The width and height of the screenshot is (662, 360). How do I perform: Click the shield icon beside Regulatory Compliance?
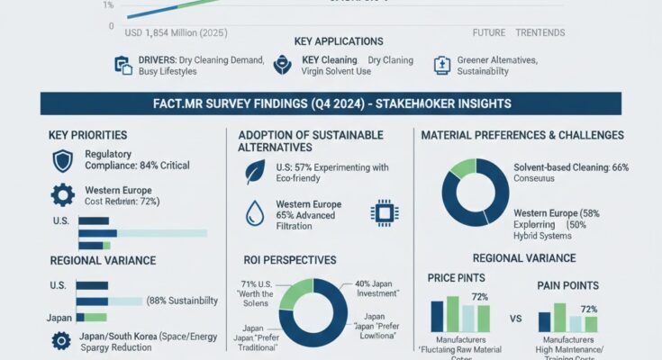click(x=63, y=161)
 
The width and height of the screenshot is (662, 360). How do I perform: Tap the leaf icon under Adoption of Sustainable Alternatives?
click(x=257, y=171)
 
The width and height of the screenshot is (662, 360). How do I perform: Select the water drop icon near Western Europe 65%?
click(x=257, y=212)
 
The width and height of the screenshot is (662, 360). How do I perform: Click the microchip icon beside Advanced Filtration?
click(x=385, y=212)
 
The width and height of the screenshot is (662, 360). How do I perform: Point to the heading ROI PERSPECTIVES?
click(x=290, y=259)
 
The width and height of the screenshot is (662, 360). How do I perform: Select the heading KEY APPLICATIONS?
click(x=338, y=41)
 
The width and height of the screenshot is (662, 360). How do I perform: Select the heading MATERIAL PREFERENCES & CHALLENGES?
click(x=522, y=135)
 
